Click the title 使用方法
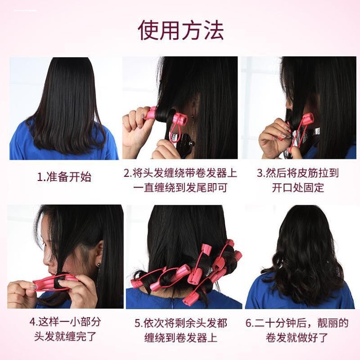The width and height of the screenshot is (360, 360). (180, 31)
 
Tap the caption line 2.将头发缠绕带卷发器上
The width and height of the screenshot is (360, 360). (180, 173)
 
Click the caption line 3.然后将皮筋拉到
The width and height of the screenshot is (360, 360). (297, 173)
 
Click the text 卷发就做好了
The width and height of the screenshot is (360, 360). (297, 337)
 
